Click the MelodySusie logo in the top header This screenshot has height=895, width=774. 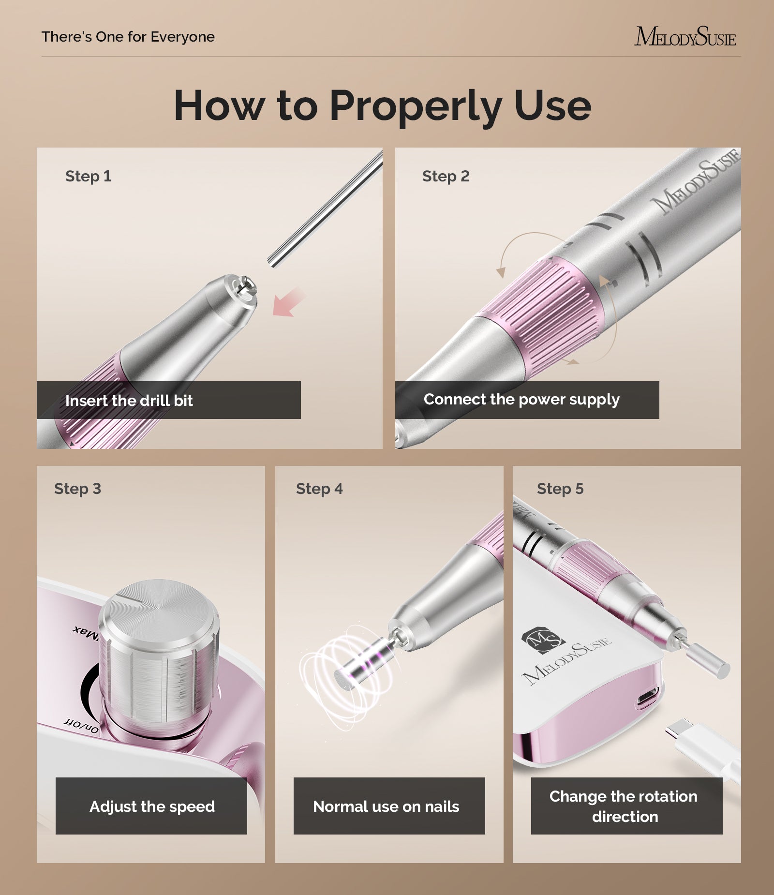685,37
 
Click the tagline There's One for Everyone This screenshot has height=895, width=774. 128,37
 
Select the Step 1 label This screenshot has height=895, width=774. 88,176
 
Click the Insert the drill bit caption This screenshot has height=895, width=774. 129,401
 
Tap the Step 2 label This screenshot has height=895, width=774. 446,176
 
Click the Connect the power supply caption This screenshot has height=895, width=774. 521,400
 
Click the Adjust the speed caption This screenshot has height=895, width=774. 152,806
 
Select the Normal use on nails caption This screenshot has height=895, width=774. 386,806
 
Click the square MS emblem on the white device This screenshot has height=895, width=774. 543,641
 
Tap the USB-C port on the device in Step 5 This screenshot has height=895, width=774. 646,700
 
